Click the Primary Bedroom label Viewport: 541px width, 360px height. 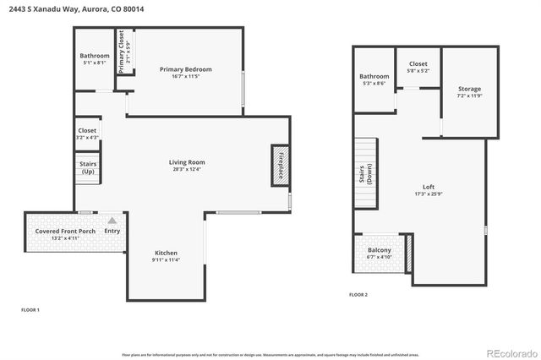click(x=185, y=68)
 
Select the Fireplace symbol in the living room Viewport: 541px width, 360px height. click(x=280, y=165)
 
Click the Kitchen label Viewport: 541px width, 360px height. click(x=166, y=253)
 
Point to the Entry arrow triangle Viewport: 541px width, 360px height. click(x=112, y=220)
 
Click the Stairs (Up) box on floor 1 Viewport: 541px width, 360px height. click(x=88, y=167)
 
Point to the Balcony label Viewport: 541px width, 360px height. click(x=379, y=251)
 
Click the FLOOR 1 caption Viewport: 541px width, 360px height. click(x=30, y=310)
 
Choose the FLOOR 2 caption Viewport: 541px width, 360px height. click(x=358, y=295)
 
